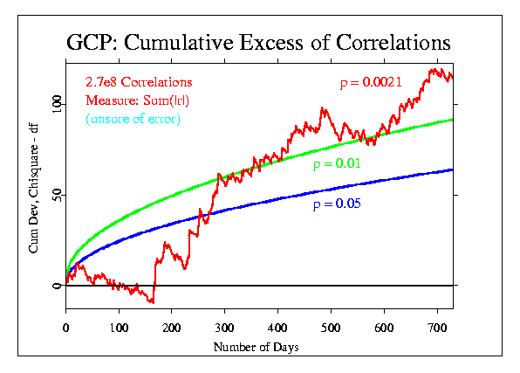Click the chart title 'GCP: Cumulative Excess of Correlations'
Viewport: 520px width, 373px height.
[258, 43]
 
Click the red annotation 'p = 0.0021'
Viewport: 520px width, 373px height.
[371, 82]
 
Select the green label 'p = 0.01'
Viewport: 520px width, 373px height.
[337, 163]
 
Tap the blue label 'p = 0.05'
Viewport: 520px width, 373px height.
[337, 204]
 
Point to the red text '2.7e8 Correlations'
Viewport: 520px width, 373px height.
[139, 82]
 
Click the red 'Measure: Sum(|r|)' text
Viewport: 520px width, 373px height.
[137, 100]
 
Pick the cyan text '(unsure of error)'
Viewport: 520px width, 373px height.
[133, 119]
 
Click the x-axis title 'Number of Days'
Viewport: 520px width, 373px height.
[256, 347]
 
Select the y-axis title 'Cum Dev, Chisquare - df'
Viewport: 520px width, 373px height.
[33, 189]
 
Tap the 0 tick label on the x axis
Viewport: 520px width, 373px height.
[65, 328]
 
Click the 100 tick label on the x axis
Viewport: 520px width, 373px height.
[119, 328]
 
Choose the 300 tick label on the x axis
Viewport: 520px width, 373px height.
[225, 328]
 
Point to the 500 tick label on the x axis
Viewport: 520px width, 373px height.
[331, 328]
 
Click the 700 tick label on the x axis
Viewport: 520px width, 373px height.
[437, 328]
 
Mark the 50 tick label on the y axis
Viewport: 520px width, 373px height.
[57, 195]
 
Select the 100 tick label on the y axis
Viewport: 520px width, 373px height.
[57, 104]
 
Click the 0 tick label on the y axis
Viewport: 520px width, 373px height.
[57, 286]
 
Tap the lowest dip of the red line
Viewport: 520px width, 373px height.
[153, 302]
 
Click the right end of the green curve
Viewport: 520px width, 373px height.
[452, 120]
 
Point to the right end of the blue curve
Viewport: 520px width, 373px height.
[452, 170]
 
